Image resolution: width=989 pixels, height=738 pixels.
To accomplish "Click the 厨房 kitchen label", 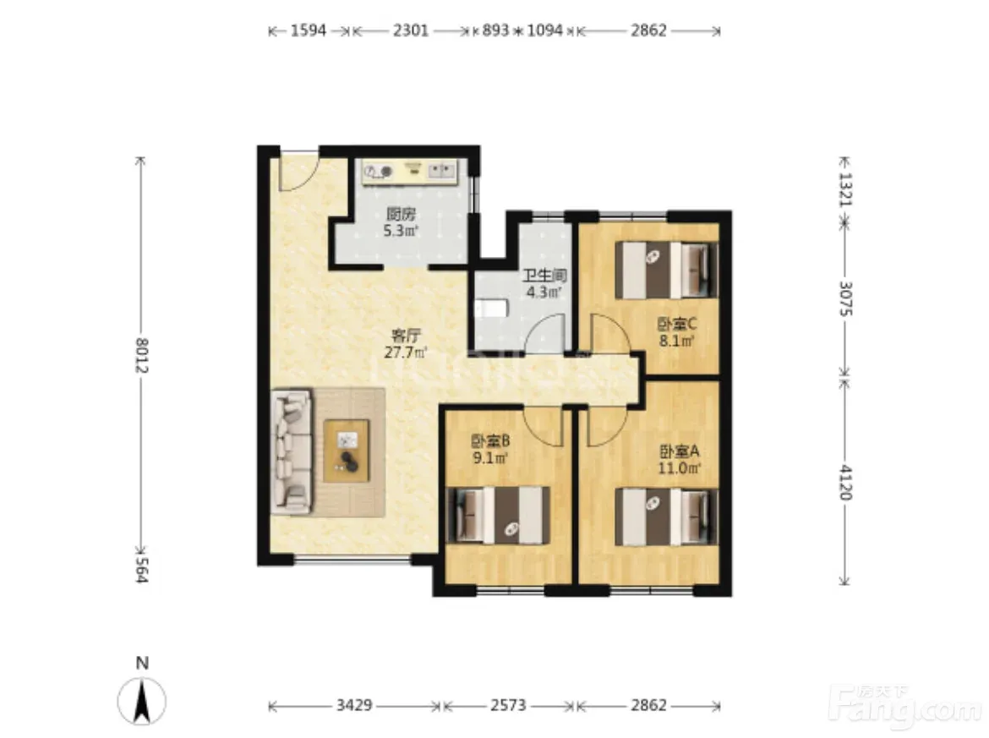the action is pyautogui.click(x=402, y=214).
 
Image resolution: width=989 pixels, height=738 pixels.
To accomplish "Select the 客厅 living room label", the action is pyautogui.click(x=407, y=335).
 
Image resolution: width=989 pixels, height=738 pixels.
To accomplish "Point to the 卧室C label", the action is pyautogui.click(x=677, y=325).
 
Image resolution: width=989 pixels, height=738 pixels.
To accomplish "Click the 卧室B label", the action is pyautogui.click(x=490, y=440).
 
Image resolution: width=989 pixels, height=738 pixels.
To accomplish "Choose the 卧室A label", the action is pyautogui.click(x=680, y=451).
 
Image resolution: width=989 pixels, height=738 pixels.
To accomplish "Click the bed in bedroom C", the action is pyautogui.click(x=667, y=271).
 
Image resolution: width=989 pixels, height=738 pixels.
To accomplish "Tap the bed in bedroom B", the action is pyautogui.click(x=498, y=515).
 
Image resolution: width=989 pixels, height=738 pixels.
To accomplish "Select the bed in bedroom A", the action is pyautogui.click(x=667, y=517).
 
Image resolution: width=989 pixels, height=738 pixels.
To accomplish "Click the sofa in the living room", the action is pyautogui.click(x=292, y=451).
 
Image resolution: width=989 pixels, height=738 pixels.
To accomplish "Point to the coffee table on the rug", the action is pyautogui.click(x=347, y=451).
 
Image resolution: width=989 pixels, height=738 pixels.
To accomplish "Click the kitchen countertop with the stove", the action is pyautogui.click(x=409, y=172).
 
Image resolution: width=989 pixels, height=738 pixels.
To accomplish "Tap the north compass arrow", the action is pyautogui.click(x=142, y=701).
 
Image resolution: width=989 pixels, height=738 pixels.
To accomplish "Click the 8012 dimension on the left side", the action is pyautogui.click(x=141, y=355).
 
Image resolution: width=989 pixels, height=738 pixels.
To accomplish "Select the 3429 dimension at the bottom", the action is pyautogui.click(x=354, y=705).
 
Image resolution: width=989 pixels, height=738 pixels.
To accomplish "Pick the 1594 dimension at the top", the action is pyautogui.click(x=309, y=30).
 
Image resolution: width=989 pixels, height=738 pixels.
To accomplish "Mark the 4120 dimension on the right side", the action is pyautogui.click(x=845, y=483).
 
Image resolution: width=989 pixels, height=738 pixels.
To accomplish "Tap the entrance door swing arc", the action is pyautogui.click(x=297, y=172).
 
